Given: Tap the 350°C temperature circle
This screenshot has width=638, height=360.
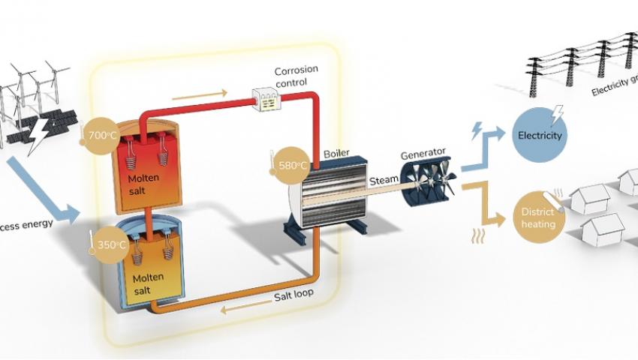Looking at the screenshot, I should [x=109, y=244].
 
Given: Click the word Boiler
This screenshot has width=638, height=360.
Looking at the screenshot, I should [x=337, y=154].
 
